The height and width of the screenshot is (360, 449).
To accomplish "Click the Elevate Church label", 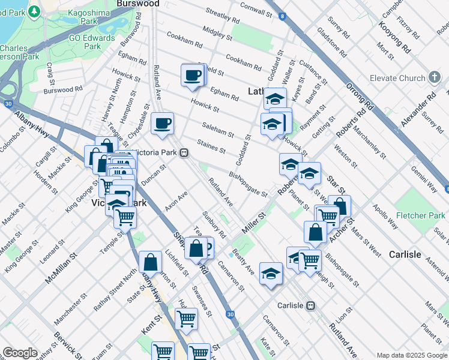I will [x=397, y=78].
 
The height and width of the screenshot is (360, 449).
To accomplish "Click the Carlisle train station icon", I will [x=311, y=305].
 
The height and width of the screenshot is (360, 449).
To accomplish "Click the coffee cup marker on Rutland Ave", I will [x=162, y=124].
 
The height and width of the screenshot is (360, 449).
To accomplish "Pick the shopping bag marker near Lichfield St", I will [x=150, y=262].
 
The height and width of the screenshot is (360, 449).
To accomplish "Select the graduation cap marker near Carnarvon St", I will [x=271, y=274].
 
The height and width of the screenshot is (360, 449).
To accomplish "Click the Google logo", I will [x=20, y=353].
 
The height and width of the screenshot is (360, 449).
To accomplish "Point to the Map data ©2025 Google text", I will [x=412, y=355].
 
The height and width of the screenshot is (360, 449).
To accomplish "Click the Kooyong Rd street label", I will [x=394, y=37].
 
